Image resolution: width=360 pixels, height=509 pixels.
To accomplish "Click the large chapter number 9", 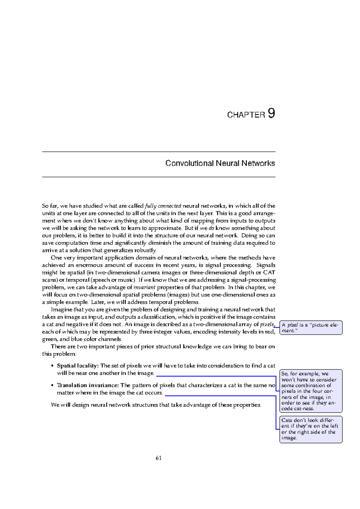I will tap(271, 114).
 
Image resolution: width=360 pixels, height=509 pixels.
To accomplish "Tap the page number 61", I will tap(159, 458).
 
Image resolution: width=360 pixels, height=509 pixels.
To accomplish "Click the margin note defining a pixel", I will tap(311, 328).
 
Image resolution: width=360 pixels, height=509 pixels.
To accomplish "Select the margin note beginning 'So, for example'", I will tap(311, 391).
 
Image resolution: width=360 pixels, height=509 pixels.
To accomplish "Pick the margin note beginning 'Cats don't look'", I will tap(311, 429).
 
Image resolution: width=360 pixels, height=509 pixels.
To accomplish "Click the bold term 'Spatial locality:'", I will tap(78, 366).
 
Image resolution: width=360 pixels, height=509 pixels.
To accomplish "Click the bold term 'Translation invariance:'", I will tap(88, 385).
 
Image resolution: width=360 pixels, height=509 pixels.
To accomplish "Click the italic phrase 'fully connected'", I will tap(163, 206).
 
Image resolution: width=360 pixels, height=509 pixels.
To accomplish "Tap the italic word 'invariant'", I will tap(144, 288).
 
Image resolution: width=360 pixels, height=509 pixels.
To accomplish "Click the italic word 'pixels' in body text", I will tap(267, 324).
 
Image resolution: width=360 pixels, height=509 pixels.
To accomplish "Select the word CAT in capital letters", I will tap(269, 273).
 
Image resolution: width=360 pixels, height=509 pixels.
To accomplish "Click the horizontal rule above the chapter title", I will tap(159, 152).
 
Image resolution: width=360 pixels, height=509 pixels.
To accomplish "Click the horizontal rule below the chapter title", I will tap(159, 177).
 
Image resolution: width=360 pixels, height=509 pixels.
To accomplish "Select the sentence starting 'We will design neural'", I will tap(156, 405).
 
